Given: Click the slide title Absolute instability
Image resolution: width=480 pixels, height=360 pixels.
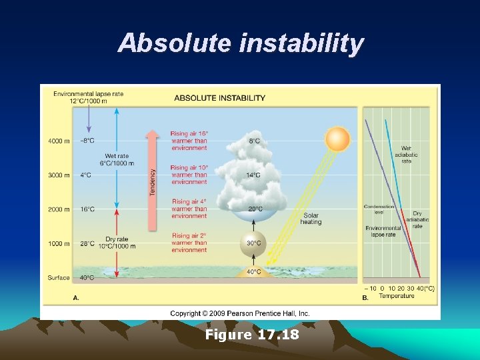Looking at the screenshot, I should [240, 43].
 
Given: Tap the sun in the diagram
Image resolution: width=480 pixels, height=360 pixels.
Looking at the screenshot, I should [337, 140].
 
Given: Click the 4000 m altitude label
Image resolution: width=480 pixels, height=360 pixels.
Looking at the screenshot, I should [59, 141].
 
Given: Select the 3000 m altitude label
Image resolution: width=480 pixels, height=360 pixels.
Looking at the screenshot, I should [59, 175].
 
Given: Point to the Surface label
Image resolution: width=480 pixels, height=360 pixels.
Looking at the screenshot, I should [59, 277].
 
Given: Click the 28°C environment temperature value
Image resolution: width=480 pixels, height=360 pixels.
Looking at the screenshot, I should [87, 243].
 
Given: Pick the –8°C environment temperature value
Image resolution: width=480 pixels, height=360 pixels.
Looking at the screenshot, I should [87, 141].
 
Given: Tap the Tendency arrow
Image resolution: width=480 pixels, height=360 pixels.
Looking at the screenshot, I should [153, 180].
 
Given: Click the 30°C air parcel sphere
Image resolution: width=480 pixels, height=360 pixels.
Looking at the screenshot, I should [253, 243].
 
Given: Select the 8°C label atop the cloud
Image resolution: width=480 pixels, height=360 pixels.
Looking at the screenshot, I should [254, 141].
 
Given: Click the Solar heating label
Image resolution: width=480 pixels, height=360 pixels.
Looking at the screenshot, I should [311, 218].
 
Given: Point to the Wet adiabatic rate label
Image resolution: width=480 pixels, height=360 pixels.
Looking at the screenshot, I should [406, 155].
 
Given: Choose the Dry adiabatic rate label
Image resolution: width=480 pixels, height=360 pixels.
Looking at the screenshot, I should [417, 219].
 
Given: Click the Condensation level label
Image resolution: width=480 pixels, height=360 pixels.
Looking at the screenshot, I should [379, 209].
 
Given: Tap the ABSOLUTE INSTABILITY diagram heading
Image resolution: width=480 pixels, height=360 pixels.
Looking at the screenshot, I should [219, 98].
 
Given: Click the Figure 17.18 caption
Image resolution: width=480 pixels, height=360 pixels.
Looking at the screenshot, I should [252, 334].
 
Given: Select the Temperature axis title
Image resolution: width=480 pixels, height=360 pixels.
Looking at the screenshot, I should [397, 296].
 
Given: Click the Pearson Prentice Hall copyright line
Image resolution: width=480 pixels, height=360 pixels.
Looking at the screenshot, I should [240, 313].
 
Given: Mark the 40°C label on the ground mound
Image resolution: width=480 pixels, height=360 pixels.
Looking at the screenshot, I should [254, 272].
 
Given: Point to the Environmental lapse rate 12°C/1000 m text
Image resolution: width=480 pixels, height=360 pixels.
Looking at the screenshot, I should [88, 97].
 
